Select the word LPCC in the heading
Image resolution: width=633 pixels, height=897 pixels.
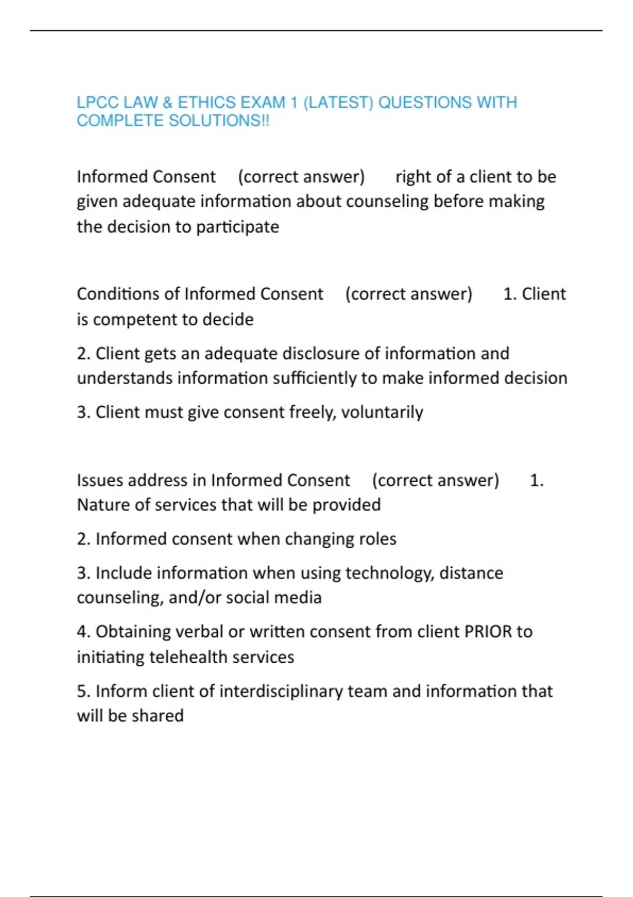(x=98, y=102)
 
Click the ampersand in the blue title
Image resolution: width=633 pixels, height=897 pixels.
(x=167, y=102)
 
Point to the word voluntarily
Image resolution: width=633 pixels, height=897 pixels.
(x=382, y=412)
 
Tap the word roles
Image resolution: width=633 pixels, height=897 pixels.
(x=377, y=539)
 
